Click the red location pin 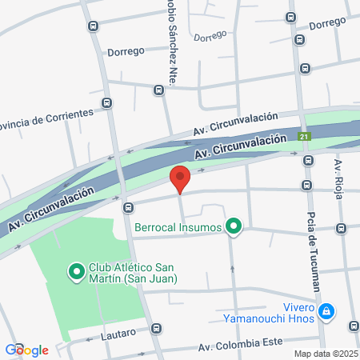click(x=180, y=178)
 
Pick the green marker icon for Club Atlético click(x=77, y=273)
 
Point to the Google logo click(x=26, y=350)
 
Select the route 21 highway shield click(x=304, y=137)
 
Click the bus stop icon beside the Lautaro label click(x=156, y=328)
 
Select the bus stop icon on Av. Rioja click(x=342, y=229)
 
